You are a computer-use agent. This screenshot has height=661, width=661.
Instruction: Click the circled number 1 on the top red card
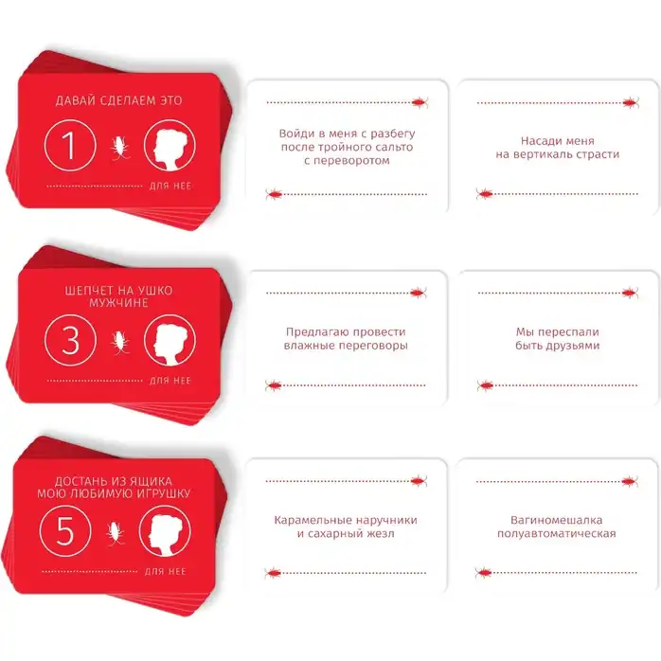pyautogui.click(x=70, y=146)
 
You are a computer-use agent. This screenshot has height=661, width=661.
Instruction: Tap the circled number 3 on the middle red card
pyautogui.click(x=70, y=340)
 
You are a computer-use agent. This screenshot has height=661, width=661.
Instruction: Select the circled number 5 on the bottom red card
pyautogui.click(x=65, y=530)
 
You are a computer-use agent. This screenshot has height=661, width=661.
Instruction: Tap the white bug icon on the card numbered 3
pyautogui.click(x=119, y=342)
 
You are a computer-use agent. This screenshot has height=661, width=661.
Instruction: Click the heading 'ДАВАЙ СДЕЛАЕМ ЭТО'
pyautogui.click(x=119, y=100)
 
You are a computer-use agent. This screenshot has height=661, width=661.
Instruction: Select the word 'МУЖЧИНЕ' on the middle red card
pyautogui.click(x=118, y=303)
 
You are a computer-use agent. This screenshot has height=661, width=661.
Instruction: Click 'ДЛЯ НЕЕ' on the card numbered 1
pyautogui.click(x=170, y=186)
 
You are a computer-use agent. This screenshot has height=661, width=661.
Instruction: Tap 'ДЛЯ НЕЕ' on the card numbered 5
pyautogui.click(x=165, y=572)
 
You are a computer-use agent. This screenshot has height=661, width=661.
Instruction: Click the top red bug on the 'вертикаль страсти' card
pyautogui.click(x=631, y=102)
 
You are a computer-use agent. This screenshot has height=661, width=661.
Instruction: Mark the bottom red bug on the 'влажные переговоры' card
pyautogui.click(x=274, y=384)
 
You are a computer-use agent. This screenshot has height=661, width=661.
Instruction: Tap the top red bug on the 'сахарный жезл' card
pyautogui.click(x=419, y=480)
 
